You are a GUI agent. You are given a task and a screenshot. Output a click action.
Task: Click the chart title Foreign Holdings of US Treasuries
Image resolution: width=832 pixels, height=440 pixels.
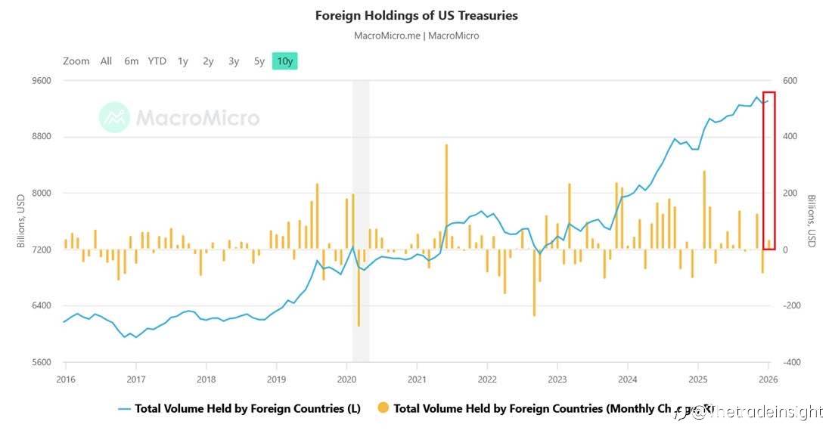416,15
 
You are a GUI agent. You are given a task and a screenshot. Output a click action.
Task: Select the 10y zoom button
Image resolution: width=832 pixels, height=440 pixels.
284,61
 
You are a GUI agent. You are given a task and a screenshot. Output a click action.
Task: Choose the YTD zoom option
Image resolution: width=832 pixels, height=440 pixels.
157,61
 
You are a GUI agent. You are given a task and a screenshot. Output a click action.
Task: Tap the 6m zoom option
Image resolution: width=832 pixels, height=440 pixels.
132,61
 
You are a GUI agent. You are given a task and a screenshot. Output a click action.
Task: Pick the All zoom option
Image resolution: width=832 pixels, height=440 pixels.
106,61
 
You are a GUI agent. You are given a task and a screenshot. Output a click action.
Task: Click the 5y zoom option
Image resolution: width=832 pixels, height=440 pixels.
259,61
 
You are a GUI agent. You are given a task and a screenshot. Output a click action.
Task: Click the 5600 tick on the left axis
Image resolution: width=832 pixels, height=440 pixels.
41,362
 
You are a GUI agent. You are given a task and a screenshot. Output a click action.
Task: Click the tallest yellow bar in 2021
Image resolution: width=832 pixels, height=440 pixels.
446,197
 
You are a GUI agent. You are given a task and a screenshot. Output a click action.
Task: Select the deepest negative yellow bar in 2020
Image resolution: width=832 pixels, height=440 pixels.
359,287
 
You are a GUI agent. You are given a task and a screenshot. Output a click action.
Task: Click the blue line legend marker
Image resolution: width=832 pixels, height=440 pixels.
126,409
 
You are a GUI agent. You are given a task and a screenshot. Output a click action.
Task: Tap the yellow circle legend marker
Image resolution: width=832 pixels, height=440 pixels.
383,409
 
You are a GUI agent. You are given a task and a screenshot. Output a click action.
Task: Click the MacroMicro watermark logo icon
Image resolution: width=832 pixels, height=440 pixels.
114,118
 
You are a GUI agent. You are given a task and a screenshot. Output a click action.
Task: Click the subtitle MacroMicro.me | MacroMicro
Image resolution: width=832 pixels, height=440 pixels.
416,36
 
